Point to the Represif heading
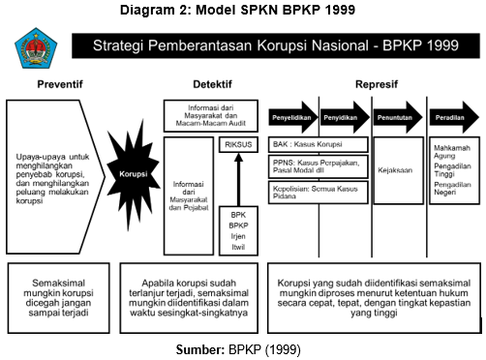tap(376, 84)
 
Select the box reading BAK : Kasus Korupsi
tap(317, 144)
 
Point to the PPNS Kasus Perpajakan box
tap(317, 166)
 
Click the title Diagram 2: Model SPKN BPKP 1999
tap(243, 11)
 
